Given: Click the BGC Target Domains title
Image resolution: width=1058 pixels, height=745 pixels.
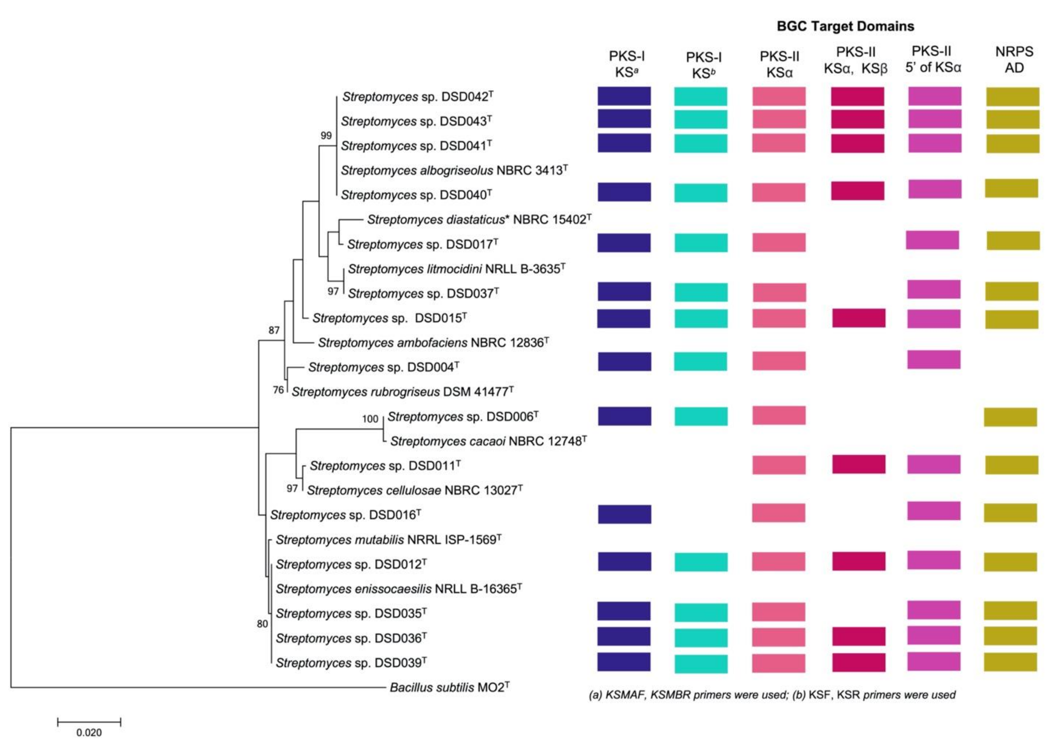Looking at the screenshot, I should coord(845,26).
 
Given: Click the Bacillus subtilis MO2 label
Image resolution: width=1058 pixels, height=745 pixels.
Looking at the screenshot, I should coord(449,687).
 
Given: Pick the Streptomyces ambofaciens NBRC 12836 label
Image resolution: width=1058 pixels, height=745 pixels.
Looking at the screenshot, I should coord(433,342).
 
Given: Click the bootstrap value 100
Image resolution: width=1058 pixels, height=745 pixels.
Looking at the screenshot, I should coord(370,419).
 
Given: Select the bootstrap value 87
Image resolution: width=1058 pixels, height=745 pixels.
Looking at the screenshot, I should coord(274,330).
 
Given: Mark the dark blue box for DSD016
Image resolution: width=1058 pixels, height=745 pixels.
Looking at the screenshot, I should coord(624,514).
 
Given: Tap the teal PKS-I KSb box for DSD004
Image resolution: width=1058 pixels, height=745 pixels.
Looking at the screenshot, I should coord(700,361).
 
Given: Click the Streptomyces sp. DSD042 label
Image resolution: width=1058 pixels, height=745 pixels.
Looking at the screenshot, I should coord(417,97).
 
